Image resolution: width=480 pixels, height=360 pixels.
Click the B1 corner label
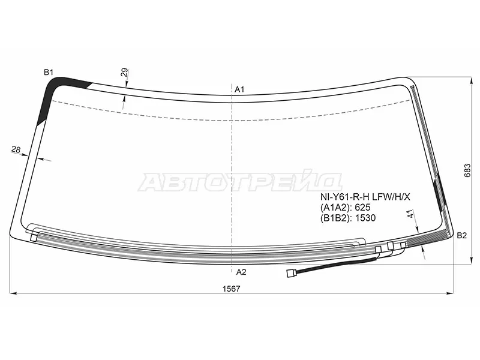pyautogui.click(x=49, y=72)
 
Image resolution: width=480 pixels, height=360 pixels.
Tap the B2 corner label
pyautogui.click(x=461, y=235)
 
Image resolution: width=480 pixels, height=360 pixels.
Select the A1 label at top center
pyautogui.click(x=239, y=89)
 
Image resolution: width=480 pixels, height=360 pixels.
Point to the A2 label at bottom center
pyautogui.click(x=241, y=272)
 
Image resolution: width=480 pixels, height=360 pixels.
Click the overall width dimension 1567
pyautogui.click(x=232, y=289)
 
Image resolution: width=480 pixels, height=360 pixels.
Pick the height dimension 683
pyautogui.click(x=467, y=170)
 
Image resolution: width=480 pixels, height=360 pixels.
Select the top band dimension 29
pyautogui.click(x=124, y=73)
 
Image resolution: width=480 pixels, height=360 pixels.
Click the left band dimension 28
pyautogui.click(x=16, y=149)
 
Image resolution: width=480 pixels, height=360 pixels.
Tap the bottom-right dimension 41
pyautogui.click(x=410, y=214)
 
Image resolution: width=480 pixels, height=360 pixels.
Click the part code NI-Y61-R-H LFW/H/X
pyautogui.click(x=365, y=197)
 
